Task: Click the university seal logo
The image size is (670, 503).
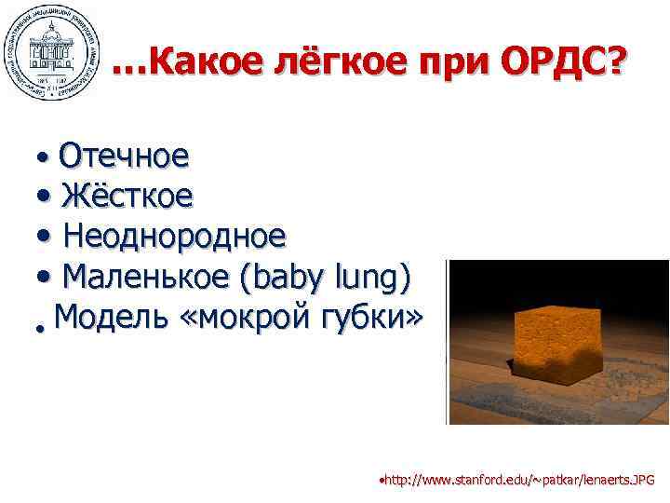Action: (x=51, y=50)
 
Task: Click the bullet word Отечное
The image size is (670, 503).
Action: (x=124, y=156)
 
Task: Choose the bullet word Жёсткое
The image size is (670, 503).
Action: (x=127, y=196)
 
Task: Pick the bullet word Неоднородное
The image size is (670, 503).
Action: (x=174, y=236)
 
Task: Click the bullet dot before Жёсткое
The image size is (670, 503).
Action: (x=46, y=197)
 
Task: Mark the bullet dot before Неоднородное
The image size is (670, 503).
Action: (x=46, y=237)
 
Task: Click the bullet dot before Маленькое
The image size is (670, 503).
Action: (x=46, y=278)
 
